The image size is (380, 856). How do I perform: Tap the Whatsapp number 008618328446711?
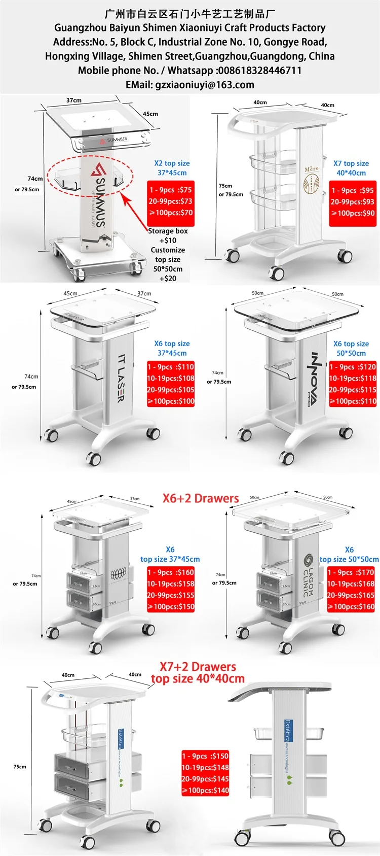[x=259, y=71]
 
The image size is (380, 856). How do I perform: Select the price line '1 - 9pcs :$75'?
[x=171, y=190]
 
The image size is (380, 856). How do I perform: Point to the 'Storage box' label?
[x=168, y=231]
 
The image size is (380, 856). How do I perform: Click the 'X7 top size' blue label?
[x=351, y=163]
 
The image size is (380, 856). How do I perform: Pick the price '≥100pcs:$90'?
[x=353, y=213]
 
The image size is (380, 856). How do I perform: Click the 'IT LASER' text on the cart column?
[x=121, y=378]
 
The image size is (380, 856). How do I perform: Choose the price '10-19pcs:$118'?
[x=353, y=378]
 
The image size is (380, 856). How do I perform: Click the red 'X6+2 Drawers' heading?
[x=201, y=498]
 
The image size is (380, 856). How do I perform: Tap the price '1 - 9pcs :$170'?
[x=351, y=572]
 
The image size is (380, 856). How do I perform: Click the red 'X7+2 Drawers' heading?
[x=198, y=666]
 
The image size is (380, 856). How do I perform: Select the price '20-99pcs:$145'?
[x=205, y=779]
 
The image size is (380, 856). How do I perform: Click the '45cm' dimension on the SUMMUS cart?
[x=150, y=114]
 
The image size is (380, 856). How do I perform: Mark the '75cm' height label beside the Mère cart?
[x=225, y=186]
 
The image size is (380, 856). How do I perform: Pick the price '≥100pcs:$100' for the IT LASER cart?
[x=171, y=401]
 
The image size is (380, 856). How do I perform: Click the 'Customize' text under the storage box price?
[x=168, y=250]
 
